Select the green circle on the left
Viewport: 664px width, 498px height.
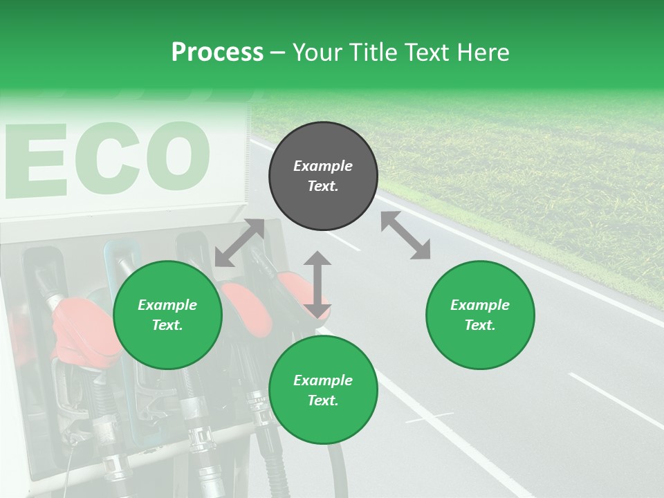tap(167, 315)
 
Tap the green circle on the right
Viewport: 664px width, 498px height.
tap(480, 315)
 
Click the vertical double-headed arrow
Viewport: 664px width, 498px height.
tap(317, 284)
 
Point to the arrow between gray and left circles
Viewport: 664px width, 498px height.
tap(239, 243)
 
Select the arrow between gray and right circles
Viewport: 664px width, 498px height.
tap(406, 235)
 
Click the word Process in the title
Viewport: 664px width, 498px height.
tap(217, 52)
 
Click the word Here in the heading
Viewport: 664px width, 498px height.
tap(483, 52)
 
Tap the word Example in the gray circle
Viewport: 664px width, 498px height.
tap(323, 166)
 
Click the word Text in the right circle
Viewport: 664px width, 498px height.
tap(480, 325)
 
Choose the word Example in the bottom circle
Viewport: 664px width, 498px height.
tap(323, 380)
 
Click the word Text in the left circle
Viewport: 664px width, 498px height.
tap(167, 325)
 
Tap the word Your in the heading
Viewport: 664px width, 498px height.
tap(317, 52)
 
